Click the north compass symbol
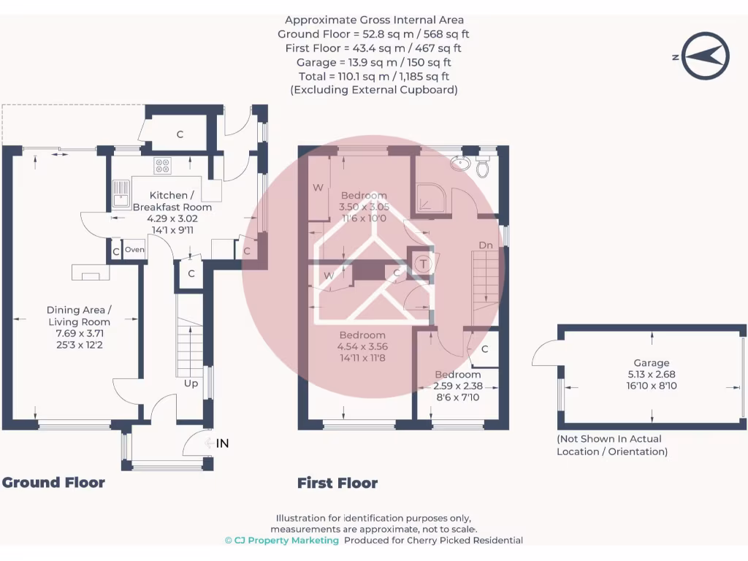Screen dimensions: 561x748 [706, 56]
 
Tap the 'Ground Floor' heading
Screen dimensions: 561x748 [53, 482]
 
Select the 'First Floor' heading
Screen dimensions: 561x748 [337, 483]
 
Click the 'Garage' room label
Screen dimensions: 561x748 [652, 363]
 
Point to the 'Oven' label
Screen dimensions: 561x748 [134, 250]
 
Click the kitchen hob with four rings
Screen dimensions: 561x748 [162, 166]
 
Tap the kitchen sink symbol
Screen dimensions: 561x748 [121, 194]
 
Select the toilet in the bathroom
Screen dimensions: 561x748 [482, 167]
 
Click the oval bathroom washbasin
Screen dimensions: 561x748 [460, 163]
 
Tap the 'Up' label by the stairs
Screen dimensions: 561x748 [191, 383]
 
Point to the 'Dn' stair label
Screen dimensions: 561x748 [486, 245]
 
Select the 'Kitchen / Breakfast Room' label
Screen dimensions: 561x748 [172, 201]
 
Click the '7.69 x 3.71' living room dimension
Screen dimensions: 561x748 [79, 333]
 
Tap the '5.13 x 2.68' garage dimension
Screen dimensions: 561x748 [651, 374]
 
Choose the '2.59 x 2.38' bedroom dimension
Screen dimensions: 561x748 [457, 386]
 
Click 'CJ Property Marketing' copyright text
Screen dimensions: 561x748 [282, 541]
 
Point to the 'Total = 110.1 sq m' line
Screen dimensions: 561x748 [374, 76]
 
